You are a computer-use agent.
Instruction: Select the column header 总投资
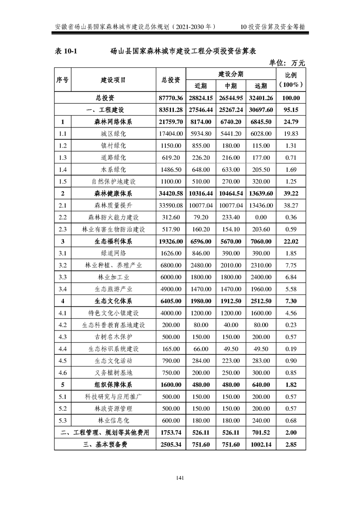171,80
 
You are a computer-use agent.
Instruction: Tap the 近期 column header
201,86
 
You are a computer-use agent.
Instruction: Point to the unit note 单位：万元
287,62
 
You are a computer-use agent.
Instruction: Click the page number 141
180,478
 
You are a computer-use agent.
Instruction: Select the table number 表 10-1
66,51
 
